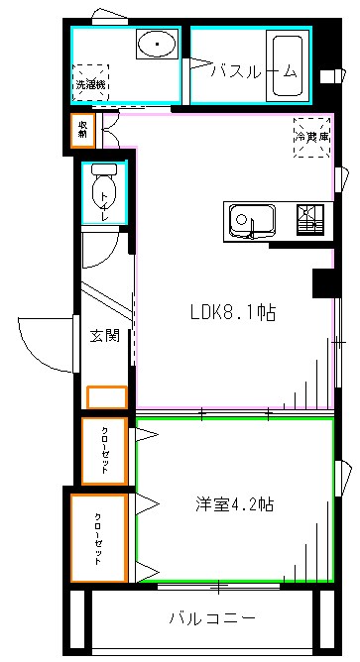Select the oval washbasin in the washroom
click(x=157, y=46)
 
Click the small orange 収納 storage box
click(x=83, y=129)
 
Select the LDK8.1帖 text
click(x=233, y=312)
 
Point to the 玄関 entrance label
click(x=105, y=336)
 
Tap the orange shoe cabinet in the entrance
click(x=107, y=397)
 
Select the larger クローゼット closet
click(x=98, y=538)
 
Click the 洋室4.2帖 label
click(x=234, y=503)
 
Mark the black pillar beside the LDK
click(x=323, y=282)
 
